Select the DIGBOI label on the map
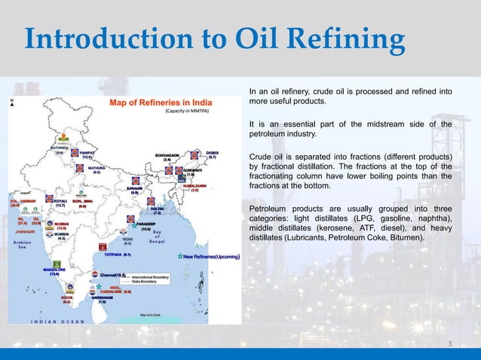(x=213, y=154)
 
